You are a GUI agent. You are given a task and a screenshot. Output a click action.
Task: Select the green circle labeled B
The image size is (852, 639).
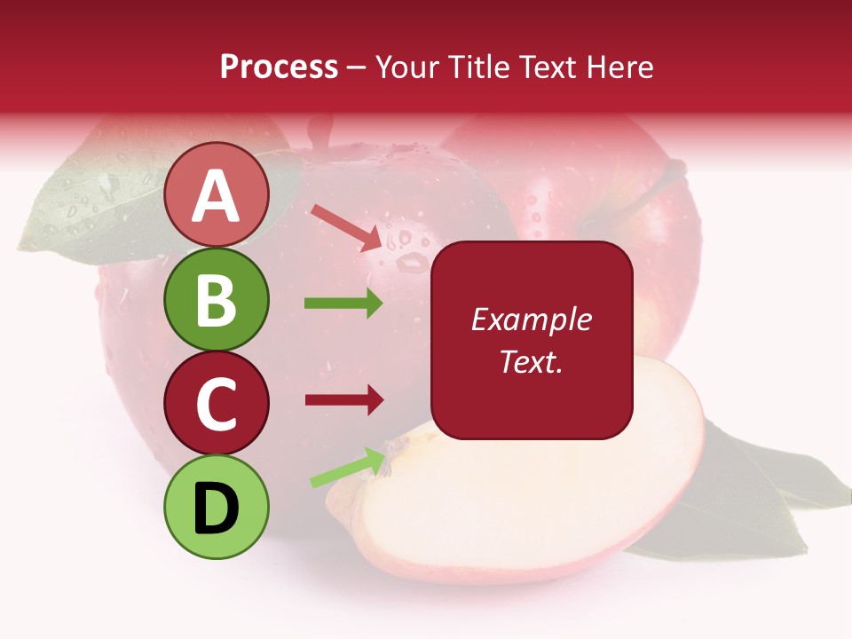(x=217, y=299)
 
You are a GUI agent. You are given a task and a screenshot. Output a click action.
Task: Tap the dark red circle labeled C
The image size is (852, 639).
(x=217, y=403)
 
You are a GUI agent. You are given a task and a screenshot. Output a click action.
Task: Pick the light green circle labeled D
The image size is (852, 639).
(x=217, y=507)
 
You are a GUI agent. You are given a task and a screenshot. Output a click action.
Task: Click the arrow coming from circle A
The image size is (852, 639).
(x=345, y=227)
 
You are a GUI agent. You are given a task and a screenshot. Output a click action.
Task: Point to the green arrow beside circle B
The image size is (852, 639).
(x=343, y=304)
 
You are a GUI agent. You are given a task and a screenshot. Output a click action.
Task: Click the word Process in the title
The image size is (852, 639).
(x=279, y=67)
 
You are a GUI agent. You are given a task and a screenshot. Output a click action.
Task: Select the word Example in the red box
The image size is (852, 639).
(x=531, y=319)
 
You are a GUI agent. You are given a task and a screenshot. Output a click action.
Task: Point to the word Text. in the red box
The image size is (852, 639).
(x=531, y=361)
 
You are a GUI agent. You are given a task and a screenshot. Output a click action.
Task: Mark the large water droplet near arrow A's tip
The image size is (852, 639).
(x=410, y=262)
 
